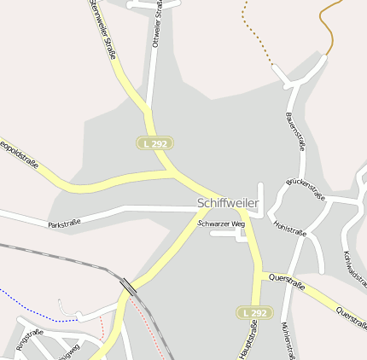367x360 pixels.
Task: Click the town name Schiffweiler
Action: point(227,203)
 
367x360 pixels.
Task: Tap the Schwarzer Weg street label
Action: point(221,224)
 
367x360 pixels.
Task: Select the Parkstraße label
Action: point(64,224)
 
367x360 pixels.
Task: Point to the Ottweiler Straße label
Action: point(157,26)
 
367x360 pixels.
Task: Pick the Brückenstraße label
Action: point(306,189)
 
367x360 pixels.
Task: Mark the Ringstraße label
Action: point(30,339)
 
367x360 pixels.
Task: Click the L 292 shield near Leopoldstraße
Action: point(154,144)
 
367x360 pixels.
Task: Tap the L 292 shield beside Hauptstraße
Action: point(253,314)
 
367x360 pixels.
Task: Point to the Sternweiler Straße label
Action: point(102,31)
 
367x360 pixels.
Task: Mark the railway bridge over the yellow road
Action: point(129,287)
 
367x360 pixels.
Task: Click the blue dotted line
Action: point(34,307)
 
